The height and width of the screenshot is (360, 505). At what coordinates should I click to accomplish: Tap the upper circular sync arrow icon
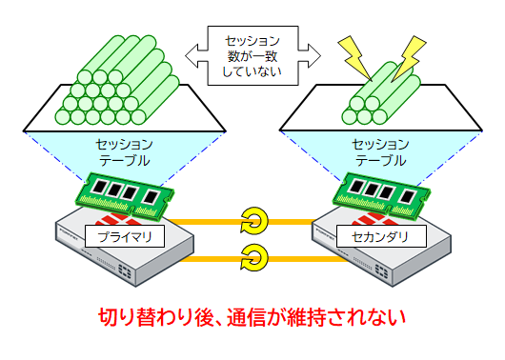click(253, 219)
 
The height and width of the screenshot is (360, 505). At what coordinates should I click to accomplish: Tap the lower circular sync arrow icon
click(253, 255)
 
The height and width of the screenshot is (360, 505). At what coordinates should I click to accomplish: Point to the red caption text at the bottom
click(252, 318)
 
